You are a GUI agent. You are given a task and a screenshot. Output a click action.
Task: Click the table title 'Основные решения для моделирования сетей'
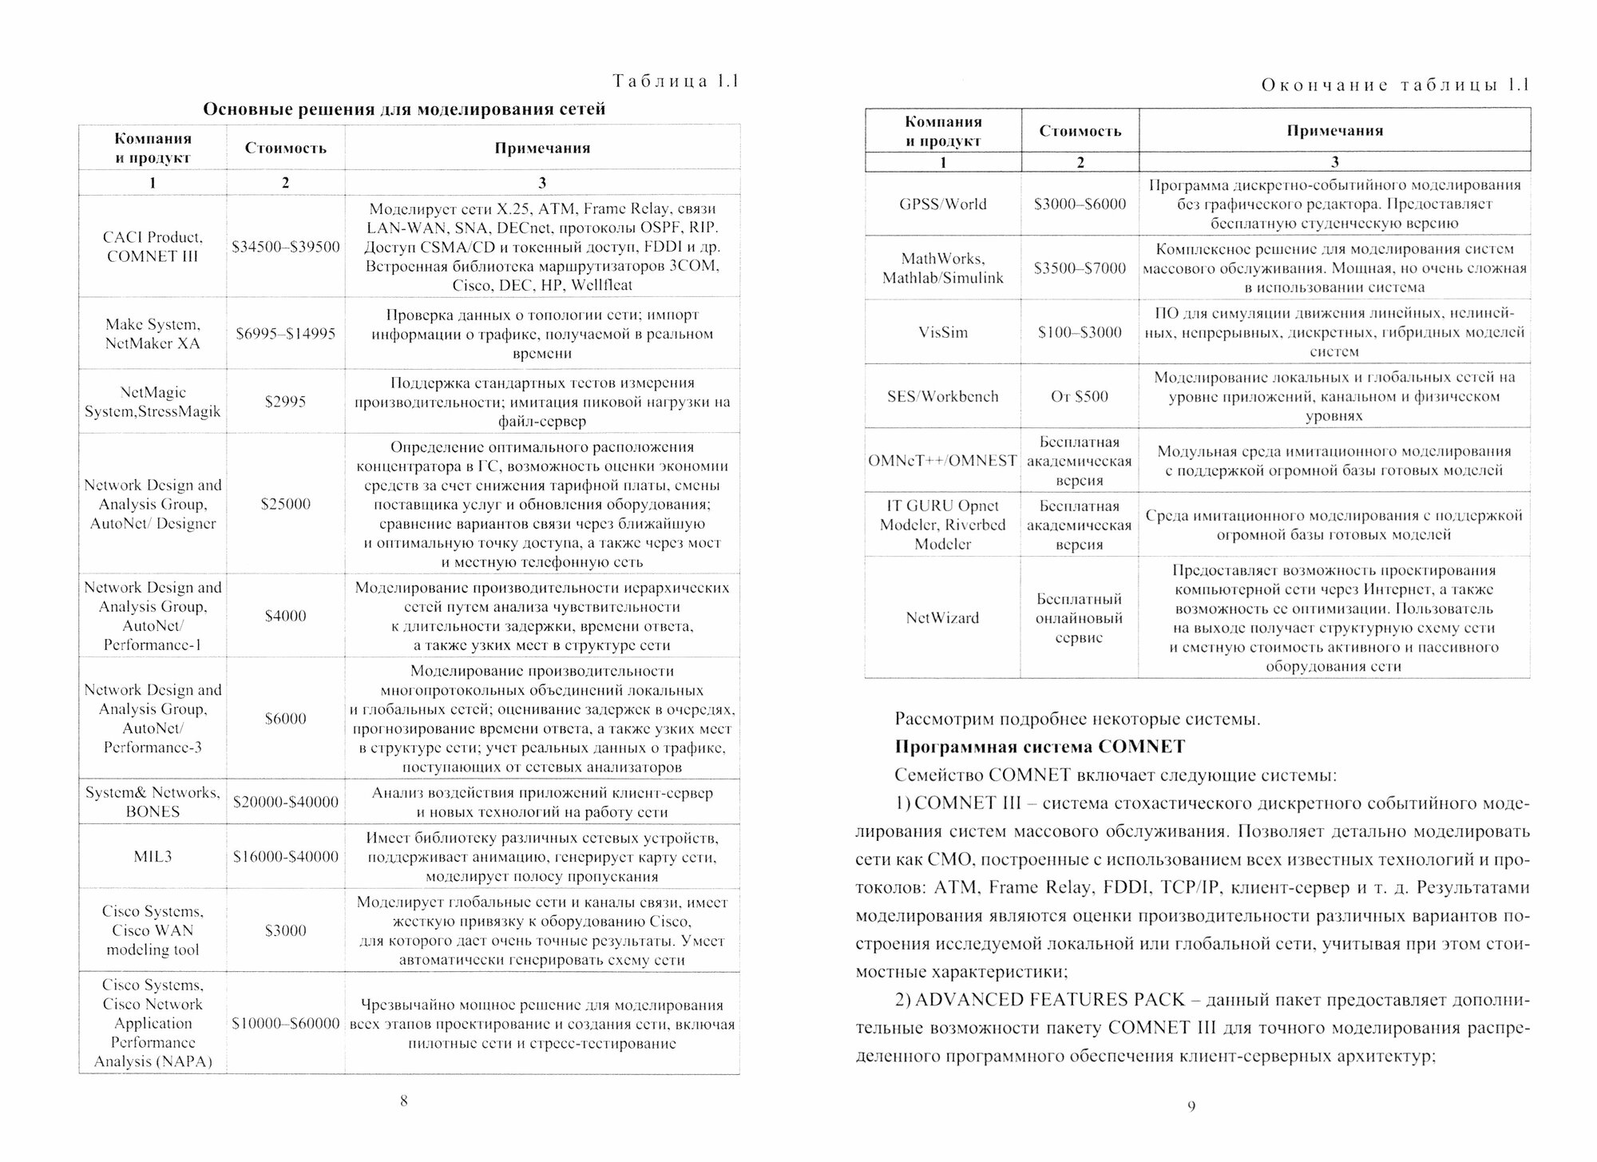(x=404, y=109)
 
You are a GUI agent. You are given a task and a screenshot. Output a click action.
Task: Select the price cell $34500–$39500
(x=285, y=247)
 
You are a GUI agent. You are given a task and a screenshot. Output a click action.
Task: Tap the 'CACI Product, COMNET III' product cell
(x=152, y=247)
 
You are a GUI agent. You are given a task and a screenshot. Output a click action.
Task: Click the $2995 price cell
(x=285, y=402)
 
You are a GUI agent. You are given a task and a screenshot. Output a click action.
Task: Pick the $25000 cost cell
(x=285, y=504)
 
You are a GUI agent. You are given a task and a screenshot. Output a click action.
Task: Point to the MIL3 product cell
(x=152, y=856)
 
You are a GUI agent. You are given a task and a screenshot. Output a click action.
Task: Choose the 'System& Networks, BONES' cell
(x=152, y=802)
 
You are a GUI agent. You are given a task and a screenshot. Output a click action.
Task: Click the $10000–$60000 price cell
(x=285, y=1023)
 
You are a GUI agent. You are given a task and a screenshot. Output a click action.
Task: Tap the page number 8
(x=403, y=1101)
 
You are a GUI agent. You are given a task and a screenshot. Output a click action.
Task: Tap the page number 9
(x=1191, y=1106)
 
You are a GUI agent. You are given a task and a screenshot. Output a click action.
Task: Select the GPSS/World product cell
(x=942, y=204)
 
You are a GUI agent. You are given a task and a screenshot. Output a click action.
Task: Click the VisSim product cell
(x=942, y=332)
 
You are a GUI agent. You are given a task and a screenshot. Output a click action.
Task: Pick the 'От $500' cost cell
(x=1080, y=396)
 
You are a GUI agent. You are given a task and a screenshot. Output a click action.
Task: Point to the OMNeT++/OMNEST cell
(x=942, y=461)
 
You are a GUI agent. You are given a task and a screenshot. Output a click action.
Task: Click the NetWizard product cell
(x=942, y=617)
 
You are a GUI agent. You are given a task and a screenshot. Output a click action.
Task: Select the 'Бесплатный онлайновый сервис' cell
(x=1080, y=618)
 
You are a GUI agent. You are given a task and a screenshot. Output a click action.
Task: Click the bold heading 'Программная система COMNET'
(x=1040, y=747)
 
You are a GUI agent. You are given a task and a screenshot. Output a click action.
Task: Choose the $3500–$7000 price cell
(x=1080, y=268)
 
